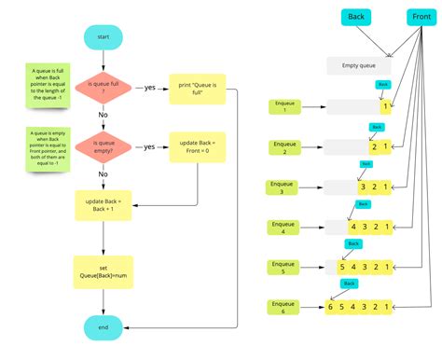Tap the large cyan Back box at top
coord(356,17)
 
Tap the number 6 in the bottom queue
coord(331,307)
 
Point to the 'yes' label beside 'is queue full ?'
coord(149,89)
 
